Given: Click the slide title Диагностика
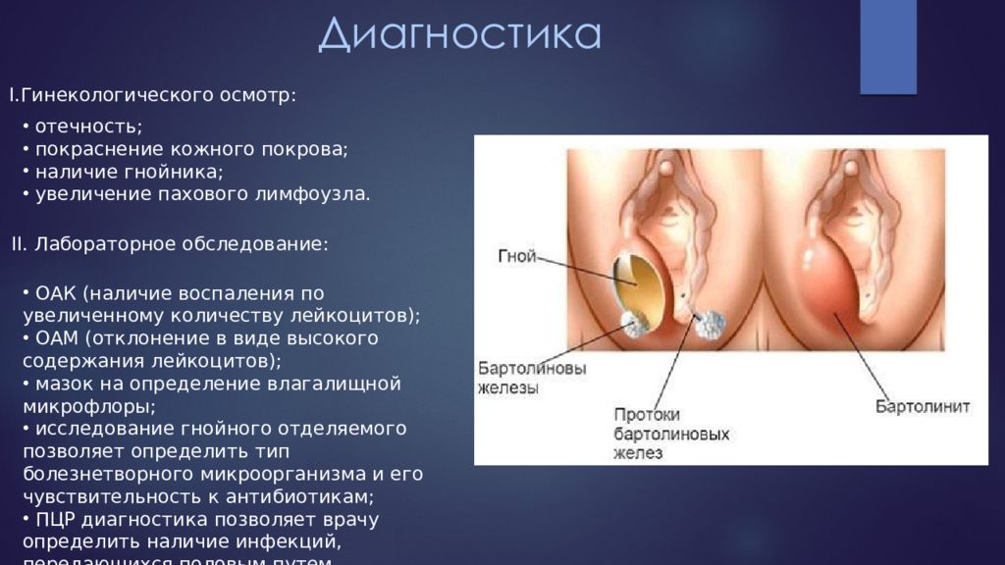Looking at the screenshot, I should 459,34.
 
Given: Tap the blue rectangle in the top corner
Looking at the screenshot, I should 887,46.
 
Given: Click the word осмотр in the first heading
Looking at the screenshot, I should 261,95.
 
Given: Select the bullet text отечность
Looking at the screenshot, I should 88,127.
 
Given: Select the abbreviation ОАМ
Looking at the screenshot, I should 55,338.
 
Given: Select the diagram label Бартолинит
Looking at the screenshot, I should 922,406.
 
